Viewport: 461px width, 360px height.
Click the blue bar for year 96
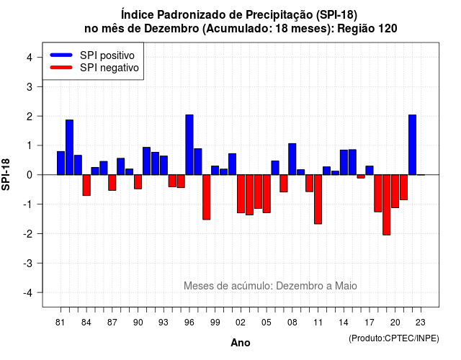tap(189, 145)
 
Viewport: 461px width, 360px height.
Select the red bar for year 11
tap(318, 199)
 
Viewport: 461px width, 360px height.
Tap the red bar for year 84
tap(86, 185)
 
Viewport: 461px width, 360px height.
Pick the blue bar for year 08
tap(292, 159)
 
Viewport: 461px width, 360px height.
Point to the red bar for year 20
tap(395, 192)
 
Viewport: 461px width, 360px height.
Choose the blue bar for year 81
tap(61, 163)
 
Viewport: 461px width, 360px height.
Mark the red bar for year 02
tap(241, 194)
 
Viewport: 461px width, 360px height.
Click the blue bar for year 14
tap(344, 163)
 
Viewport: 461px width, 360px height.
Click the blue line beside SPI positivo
tap(61, 55)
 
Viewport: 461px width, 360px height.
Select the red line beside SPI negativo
tap(61, 68)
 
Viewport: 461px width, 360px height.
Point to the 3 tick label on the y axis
tap(30, 86)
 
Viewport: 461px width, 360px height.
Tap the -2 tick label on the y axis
tap(28, 233)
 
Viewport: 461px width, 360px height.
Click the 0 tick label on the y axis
tap(30, 175)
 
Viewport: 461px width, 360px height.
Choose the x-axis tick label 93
tap(164, 323)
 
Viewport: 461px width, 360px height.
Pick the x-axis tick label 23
tap(421, 323)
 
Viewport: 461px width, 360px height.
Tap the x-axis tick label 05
tap(267, 323)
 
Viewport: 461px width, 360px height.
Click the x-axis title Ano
tap(241, 343)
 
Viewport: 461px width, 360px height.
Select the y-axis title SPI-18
tap(6, 174)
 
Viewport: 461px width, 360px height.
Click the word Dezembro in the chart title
tap(171, 29)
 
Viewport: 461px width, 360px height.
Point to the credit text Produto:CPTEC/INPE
tap(394, 338)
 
